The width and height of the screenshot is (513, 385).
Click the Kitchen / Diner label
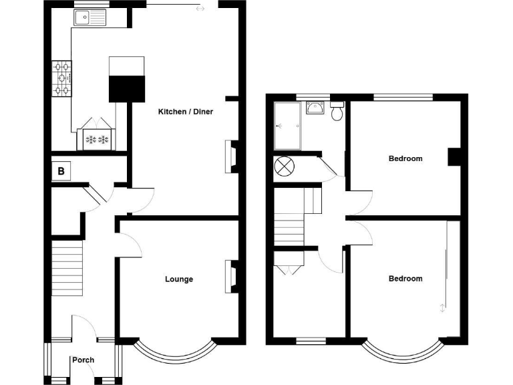[185, 112]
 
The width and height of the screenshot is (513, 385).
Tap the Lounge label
[179, 279]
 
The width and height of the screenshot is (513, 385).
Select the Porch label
[84, 360]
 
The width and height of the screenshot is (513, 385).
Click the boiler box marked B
[61, 172]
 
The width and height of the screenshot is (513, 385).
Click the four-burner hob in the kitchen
[61, 78]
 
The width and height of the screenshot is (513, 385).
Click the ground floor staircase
[69, 268]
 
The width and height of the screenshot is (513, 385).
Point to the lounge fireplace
[233, 275]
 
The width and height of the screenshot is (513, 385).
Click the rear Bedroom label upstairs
[405, 158]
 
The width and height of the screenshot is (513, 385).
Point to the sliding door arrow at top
[200, 9]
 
